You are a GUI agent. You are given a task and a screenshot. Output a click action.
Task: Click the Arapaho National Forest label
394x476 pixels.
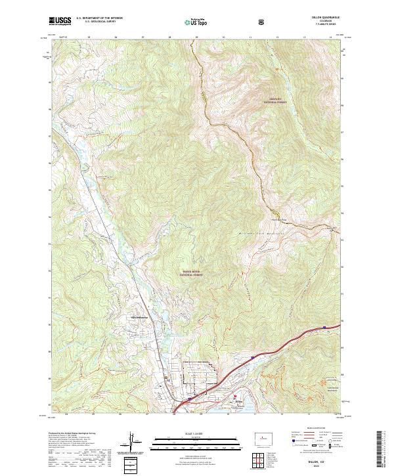(x=276, y=101)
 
